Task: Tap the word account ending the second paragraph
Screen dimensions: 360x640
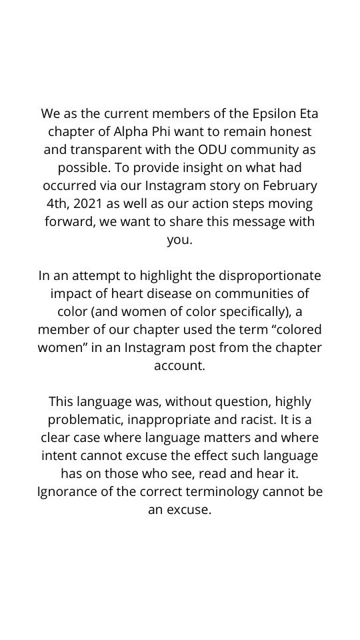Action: coord(180,365)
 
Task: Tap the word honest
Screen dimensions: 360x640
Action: coord(289,131)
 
